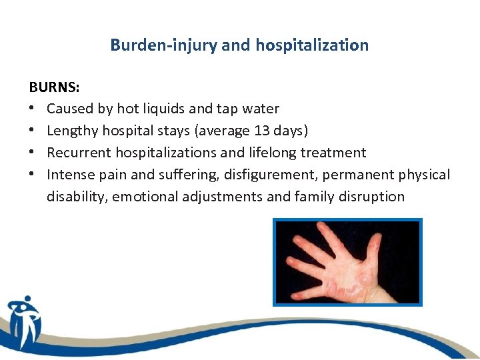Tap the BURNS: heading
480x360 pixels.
point(53,87)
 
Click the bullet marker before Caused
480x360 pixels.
point(33,109)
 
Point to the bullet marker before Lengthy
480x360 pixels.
point(33,131)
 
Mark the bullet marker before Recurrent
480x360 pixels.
point(33,153)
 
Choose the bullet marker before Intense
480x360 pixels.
point(33,175)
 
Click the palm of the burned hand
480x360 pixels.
point(347,273)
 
